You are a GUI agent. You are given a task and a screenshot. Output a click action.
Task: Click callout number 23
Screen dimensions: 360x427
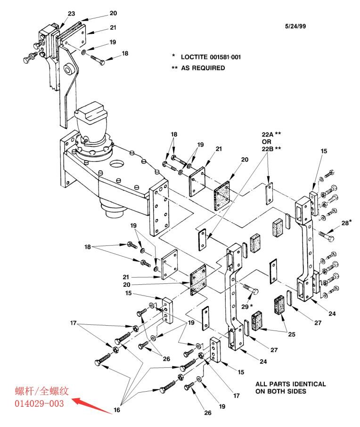click(x=72, y=14)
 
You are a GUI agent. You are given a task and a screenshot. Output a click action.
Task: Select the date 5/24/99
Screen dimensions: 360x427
click(x=295, y=26)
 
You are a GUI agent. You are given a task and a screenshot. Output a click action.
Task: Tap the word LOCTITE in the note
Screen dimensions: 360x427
click(x=194, y=57)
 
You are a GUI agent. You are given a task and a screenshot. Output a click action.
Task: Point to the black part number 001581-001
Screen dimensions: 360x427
click(x=225, y=57)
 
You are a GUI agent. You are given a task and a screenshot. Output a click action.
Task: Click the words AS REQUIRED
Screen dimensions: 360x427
click(x=203, y=68)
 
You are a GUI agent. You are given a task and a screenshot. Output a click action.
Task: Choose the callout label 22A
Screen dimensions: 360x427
click(x=268, y=134)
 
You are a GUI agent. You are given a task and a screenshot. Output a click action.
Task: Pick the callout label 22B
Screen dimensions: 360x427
click(x=268, y=149)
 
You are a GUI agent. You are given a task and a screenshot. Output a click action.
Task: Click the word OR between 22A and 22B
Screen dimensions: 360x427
click(x=267, y=142)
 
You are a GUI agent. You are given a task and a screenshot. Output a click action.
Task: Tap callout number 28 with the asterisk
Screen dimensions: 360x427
click(x=346, y=223)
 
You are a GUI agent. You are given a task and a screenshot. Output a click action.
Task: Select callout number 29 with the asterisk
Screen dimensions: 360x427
click(x=247, y=306)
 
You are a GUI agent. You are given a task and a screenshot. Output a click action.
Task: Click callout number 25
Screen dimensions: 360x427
click(x=292, y=334)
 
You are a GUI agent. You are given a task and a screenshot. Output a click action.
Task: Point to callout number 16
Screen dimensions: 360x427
click(x=117, y=410)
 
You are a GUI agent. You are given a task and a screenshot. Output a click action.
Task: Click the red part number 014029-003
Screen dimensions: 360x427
click(x=39, y=403)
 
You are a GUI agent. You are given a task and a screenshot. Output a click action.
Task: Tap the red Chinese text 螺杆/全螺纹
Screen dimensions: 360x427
click(x=41, y=391)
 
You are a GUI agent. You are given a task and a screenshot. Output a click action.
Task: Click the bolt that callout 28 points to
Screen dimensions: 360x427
click(x=326, y=236)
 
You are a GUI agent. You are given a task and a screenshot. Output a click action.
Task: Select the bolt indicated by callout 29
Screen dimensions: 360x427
click(x=251, y=290)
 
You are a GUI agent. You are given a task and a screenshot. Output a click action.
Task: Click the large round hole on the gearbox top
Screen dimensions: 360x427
click(x=117, y=165)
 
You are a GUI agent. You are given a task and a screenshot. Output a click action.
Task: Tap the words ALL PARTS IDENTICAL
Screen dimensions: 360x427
click(x=291, y=384)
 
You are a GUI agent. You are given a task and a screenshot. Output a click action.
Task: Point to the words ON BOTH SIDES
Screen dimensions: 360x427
click(x=281, y=391)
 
